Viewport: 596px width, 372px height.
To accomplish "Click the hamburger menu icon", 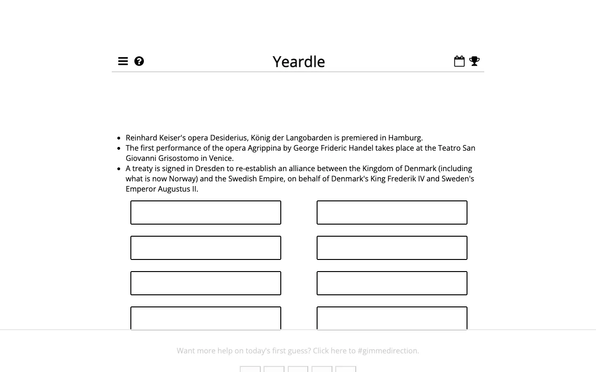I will pos(123,61).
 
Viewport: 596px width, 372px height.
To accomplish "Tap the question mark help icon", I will pos(139,61).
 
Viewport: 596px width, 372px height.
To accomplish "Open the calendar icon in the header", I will pos(459,61).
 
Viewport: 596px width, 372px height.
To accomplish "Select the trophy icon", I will pos(474,61).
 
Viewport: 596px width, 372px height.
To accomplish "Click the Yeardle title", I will pos(298,62).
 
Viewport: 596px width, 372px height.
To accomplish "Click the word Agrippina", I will pos(264,148).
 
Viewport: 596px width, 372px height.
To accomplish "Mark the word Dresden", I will pos(210,168).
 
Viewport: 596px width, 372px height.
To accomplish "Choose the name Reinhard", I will pos(142,138).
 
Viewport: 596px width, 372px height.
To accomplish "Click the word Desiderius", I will pos(229,138).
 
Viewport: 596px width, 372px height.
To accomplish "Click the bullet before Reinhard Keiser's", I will pos(120,138).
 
